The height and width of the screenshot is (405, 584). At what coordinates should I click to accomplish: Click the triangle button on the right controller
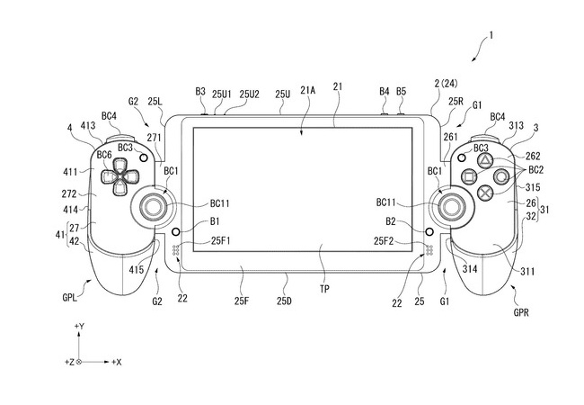483,159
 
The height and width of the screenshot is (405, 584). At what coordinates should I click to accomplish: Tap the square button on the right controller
466,176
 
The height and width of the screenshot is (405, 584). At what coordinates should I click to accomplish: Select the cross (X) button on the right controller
483,192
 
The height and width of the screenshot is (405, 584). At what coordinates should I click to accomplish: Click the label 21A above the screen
308,91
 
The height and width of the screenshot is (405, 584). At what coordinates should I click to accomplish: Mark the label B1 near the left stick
215,220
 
